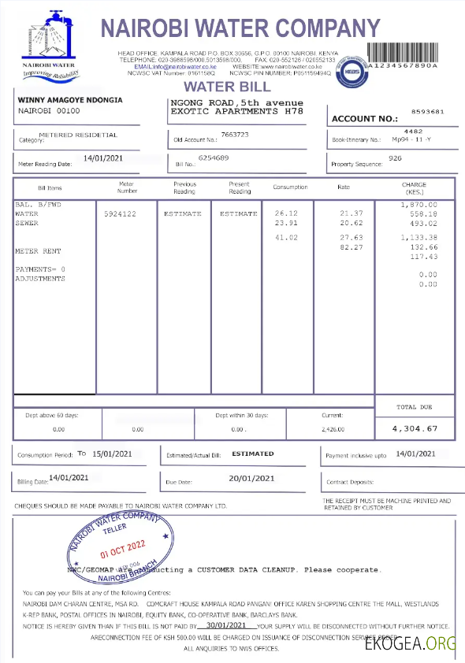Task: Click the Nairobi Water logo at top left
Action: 50,43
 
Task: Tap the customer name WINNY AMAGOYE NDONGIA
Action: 69,101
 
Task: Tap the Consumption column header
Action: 291,187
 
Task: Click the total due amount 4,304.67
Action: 426,428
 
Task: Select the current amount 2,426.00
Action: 333,429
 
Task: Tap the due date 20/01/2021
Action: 251,478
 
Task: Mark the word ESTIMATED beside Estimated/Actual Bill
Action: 253,454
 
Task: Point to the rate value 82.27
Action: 351,247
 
